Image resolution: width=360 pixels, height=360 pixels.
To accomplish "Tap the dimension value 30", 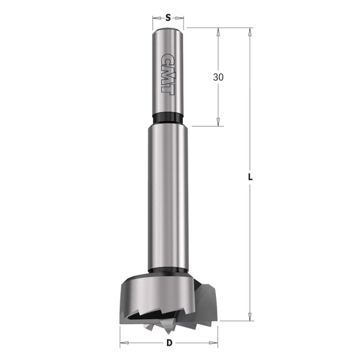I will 218,77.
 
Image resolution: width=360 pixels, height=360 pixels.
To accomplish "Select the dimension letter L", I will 250,177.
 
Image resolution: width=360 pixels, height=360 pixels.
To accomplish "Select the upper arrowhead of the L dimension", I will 250,32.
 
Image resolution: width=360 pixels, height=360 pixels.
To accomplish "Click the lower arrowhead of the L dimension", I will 250,316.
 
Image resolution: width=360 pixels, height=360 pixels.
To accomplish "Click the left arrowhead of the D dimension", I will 123,343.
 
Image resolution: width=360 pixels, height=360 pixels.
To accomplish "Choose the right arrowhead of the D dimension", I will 215,343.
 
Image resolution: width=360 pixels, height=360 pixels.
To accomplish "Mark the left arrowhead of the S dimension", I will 156,19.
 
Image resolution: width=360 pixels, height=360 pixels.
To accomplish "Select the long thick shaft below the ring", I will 168,192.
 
